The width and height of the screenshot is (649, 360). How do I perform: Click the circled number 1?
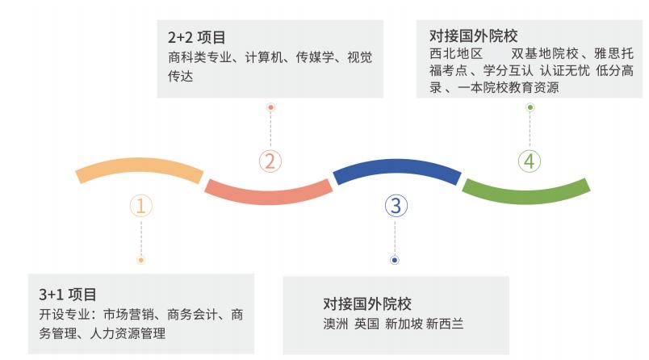pyautogui.click(x=140, y=206)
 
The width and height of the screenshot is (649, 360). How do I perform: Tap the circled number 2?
pyautogui.click(x=270, y=161)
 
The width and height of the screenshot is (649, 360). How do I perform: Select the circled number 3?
pyautogui.click(x=396, y=206)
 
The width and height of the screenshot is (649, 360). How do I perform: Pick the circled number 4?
pyautogui.click(x=530, y=161)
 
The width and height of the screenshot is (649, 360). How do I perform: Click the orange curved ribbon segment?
pyautogui.click(x=140, y=169)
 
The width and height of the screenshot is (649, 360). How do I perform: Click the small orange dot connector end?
pyautogui.click(x=140, y=260)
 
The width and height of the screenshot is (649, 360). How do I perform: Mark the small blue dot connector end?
pyautogui.click(x=395, y=260)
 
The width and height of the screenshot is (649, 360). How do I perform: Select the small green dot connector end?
pyautogui.click(x=530, y=107)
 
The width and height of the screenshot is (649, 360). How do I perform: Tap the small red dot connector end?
pyautogui.click(x=270, y=107)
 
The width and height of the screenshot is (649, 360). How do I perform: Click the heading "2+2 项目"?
pyautogui.click(x=197, y=38)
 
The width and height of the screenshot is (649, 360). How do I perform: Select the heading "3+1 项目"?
pyautogui.click(x=68, y=295)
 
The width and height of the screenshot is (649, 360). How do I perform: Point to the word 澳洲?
pyautogui.click(x=336, y=324)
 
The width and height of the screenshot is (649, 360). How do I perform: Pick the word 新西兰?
pyautogui.click(x=445, y=324)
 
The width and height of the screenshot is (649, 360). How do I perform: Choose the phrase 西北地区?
pyautogui.click(x=456, y=54)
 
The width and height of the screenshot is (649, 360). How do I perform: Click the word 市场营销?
pyautogui.click(x=128, y=315)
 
